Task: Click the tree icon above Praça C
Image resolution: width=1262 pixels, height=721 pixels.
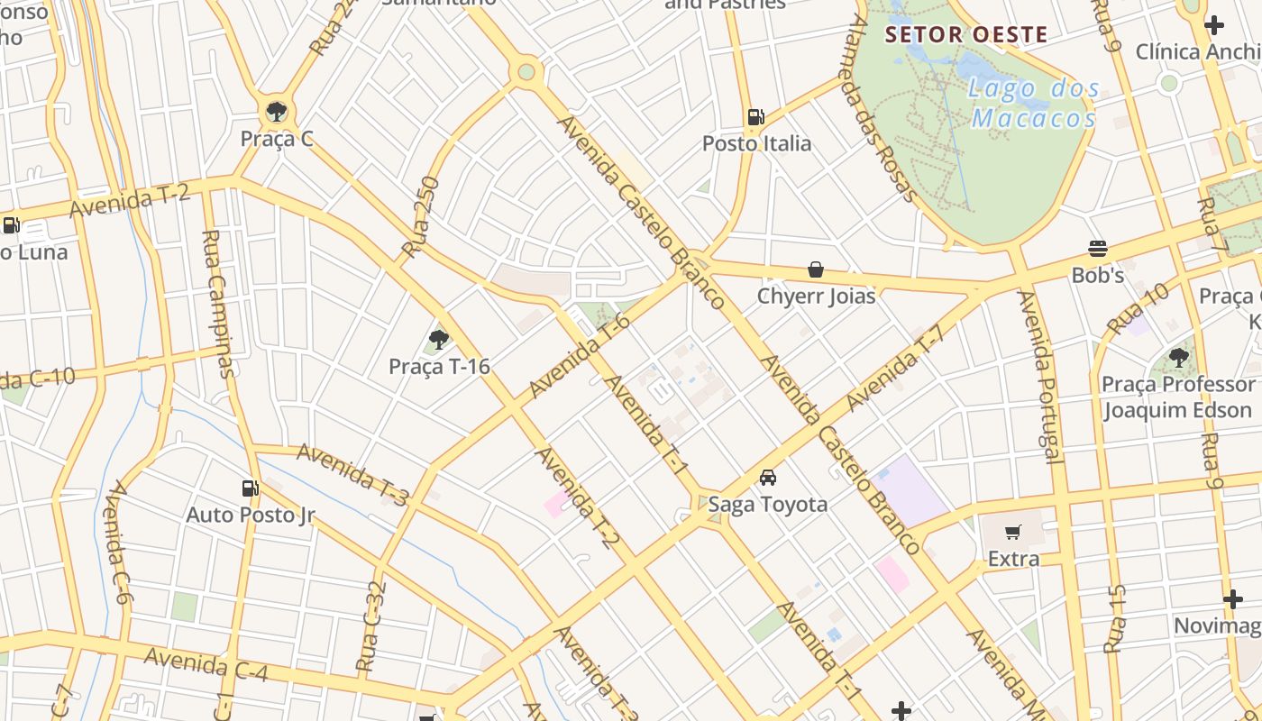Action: pyautogui.click(x=276, y=112)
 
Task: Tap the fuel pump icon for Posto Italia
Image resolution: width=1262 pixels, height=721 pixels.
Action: pyautogui.click(x=755, y=116)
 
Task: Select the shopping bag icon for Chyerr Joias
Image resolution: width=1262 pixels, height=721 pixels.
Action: pyautogui.click(x=816, y=269)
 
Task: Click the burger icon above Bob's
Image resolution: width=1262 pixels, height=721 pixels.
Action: pyautogui.click(x=1097, y=248)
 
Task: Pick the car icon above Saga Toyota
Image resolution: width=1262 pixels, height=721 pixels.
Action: pyautogui.click(x=767, y=477)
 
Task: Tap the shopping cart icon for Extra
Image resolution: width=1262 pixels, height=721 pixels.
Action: pyautogui.click(x=1013, y=533)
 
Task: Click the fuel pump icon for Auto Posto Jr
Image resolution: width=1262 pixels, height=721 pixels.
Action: pyautogui.click(x=250, y=488)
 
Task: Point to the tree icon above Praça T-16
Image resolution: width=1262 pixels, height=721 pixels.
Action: pyautogui.click(x=439, y=340)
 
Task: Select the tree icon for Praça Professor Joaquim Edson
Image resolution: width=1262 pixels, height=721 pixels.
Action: pyautogui.click(x=1178, y=358)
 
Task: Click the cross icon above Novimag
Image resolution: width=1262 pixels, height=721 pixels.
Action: pyautogui.click(x=1232, y=599)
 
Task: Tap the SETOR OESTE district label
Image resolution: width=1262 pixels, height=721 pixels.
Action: pyautogui.click(x=966, y=35)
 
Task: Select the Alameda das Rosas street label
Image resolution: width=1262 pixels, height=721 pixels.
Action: pyautogui.click(x=879, y=108)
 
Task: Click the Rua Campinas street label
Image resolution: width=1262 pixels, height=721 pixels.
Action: pyautogui.click(x=218, y=303)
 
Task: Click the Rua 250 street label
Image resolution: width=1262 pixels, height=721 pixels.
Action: pyautogui.click(x=420, y=217)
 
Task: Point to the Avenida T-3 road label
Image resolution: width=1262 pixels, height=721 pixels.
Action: pyautogui.click(x=352, y=472)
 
